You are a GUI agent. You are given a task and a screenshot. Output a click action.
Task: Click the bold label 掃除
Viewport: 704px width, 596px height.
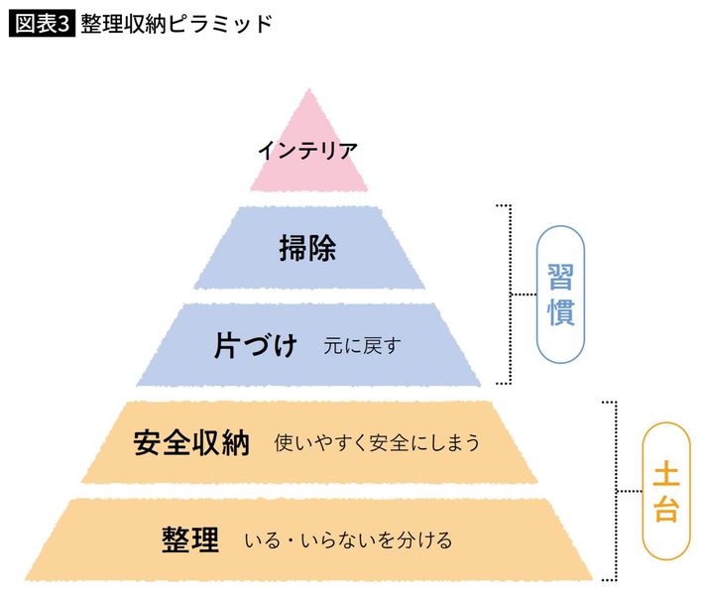pyautogui.click(x=307, y=248)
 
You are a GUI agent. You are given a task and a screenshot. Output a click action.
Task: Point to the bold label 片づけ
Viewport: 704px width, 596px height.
pyautogui.click(x=256, y=346)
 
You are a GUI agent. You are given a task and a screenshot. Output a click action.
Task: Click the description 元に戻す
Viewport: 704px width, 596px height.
pyautogui.click(x=362, y=347)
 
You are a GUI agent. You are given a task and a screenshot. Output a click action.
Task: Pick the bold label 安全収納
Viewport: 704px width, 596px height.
pyautogui.click(x=191, y=443)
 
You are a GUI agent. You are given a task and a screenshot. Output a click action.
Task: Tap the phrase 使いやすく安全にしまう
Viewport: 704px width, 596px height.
pyautogui.click(x=378, y=443)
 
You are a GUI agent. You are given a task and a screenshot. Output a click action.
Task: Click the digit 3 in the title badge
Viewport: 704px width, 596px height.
pyautogui.click(x=64, y=25)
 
